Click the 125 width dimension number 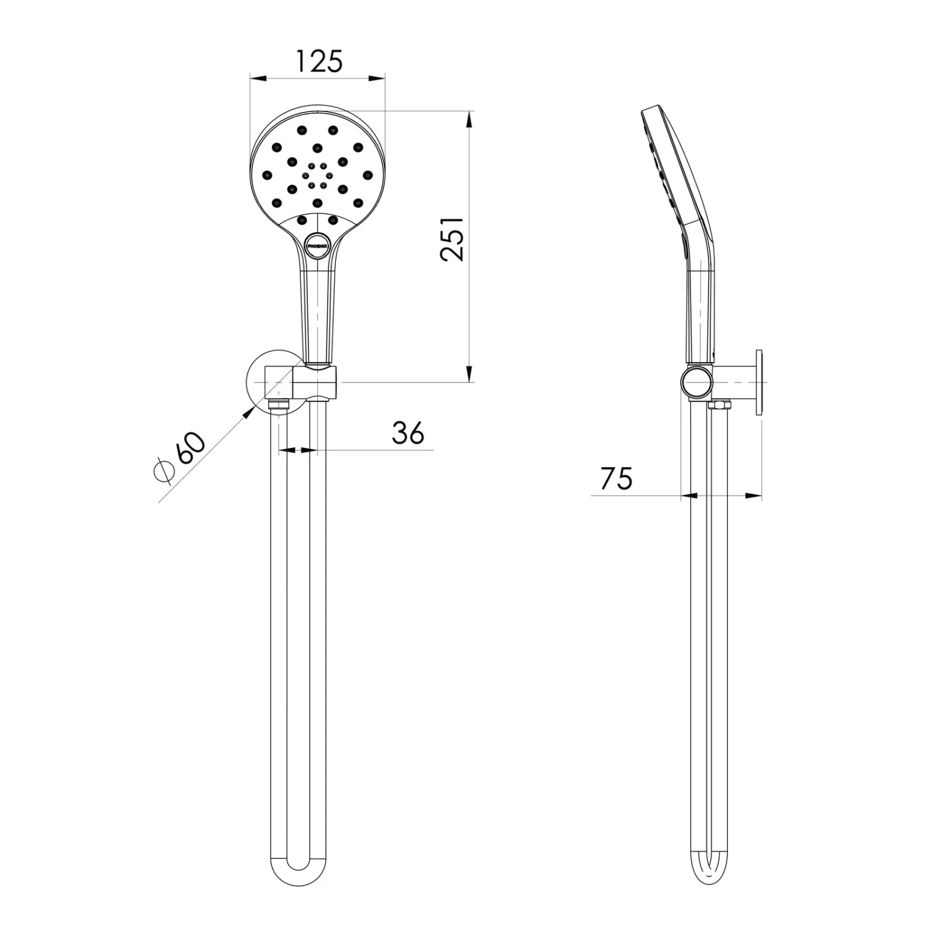pyautogui.click(x=318, y=62)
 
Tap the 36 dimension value pyautogui.click(x=408, y=432)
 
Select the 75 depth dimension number pyautogui.click(x=616, y=478)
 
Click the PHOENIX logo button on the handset pyautogui.click(x=316, y=245)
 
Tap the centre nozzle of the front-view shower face pyautogui.click(x=317, y=175)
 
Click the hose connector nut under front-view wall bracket pyautogui.click(x=279, y=404)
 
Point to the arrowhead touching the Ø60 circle pyautogui.click(x=251, y=411)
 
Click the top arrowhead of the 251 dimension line pyautogui.click(x=470, y=118)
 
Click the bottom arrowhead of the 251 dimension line pyautogui.click(x=470, y=376)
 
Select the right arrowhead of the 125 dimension pyautogui.click(x=378, y=78)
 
